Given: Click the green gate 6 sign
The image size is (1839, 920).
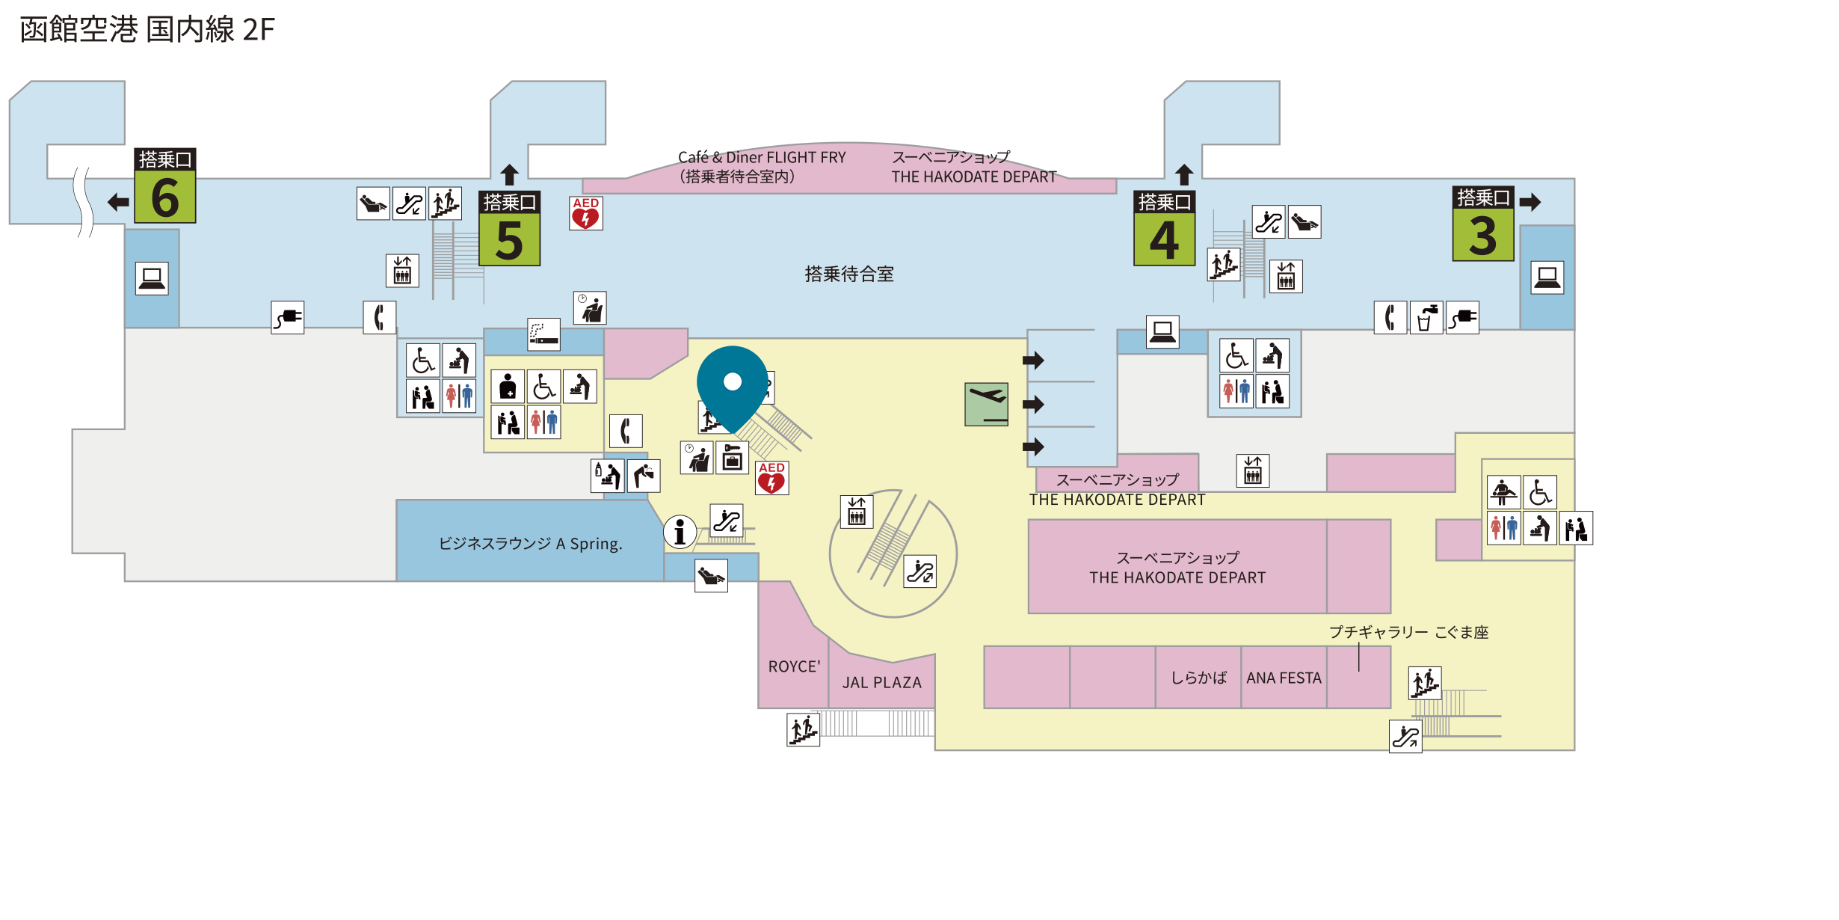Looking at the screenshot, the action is click(x=165, y=185).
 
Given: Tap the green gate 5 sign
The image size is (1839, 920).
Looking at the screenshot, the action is click(x=509, y=228).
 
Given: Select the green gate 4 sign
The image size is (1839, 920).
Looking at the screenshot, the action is click(x=1164, y=228).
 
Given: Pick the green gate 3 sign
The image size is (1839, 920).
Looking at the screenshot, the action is click(x=1483, y=224).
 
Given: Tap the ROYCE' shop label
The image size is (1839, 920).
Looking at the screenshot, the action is click(x=794, y=666).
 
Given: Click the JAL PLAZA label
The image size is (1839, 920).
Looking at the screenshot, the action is click(x=882, y=682).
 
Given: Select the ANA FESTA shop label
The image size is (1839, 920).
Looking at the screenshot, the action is click(x=1284, y=678).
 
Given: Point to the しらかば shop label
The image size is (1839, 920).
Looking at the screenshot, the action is click(x=1198, y=678).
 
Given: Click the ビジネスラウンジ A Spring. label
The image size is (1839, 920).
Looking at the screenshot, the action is click(x=530, y=544).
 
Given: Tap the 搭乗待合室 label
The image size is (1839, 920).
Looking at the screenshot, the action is click(x=849, y=275).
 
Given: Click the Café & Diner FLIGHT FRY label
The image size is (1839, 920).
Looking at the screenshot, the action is click(x=762, y=157).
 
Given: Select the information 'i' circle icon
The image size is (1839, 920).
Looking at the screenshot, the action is click(x=680, y=533).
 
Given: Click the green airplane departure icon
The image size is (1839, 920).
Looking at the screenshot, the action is click(x=987, y=405).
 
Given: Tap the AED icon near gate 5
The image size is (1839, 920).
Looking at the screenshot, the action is click(x=586, y=213).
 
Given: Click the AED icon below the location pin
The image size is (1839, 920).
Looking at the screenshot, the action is click(x=771, y=478).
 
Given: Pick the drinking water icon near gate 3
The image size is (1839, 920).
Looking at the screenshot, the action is click(x=1426, y=318).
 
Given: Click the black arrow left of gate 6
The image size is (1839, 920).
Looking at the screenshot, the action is click(x=118, y=202).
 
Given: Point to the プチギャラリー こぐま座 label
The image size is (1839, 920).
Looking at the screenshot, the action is click(x=1408, y=632).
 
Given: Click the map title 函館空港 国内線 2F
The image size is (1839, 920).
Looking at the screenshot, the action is click(x=147, y=30).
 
